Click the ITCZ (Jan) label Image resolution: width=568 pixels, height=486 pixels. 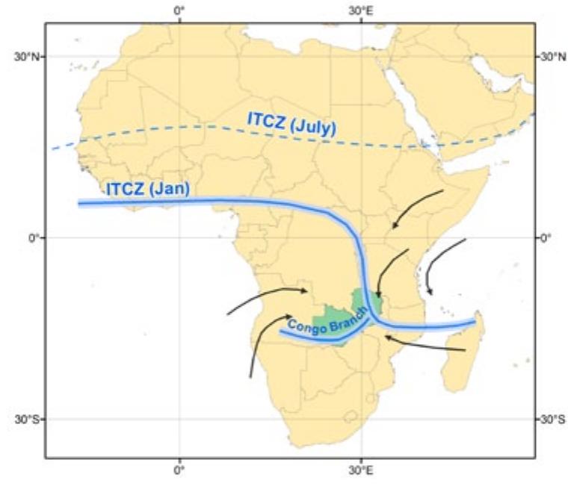146,189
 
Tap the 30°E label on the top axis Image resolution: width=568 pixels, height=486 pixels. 361,11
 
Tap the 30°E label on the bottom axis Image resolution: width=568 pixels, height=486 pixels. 361,470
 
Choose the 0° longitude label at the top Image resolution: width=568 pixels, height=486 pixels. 179,11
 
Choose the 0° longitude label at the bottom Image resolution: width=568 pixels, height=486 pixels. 179,470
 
